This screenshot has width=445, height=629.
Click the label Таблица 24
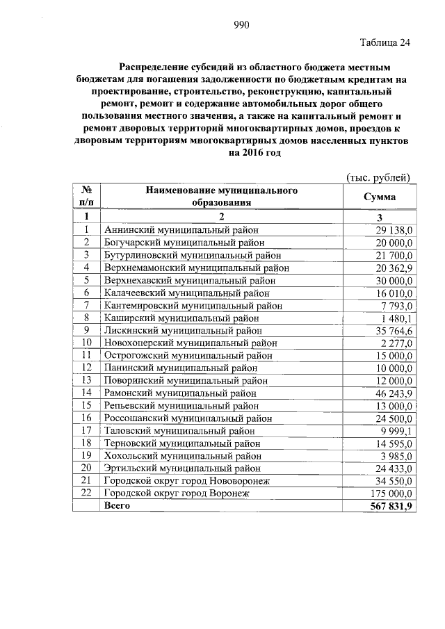tap(385, 43)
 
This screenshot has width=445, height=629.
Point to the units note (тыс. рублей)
tap(378, 177)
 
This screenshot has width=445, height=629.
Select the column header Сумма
tap(380, 197)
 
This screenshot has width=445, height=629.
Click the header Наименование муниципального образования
tap(221, 196)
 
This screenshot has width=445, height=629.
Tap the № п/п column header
tap(87, 196)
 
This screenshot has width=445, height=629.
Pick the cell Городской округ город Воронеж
tap(175, 493)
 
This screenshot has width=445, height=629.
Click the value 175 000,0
tap(392, 493)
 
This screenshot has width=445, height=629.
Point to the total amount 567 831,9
tap(391, 507)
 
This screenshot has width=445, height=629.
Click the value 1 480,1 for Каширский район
tap(398, 318)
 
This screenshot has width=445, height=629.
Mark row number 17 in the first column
tap(87, 431)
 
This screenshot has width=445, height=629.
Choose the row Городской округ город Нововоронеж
tap(186, 481)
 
